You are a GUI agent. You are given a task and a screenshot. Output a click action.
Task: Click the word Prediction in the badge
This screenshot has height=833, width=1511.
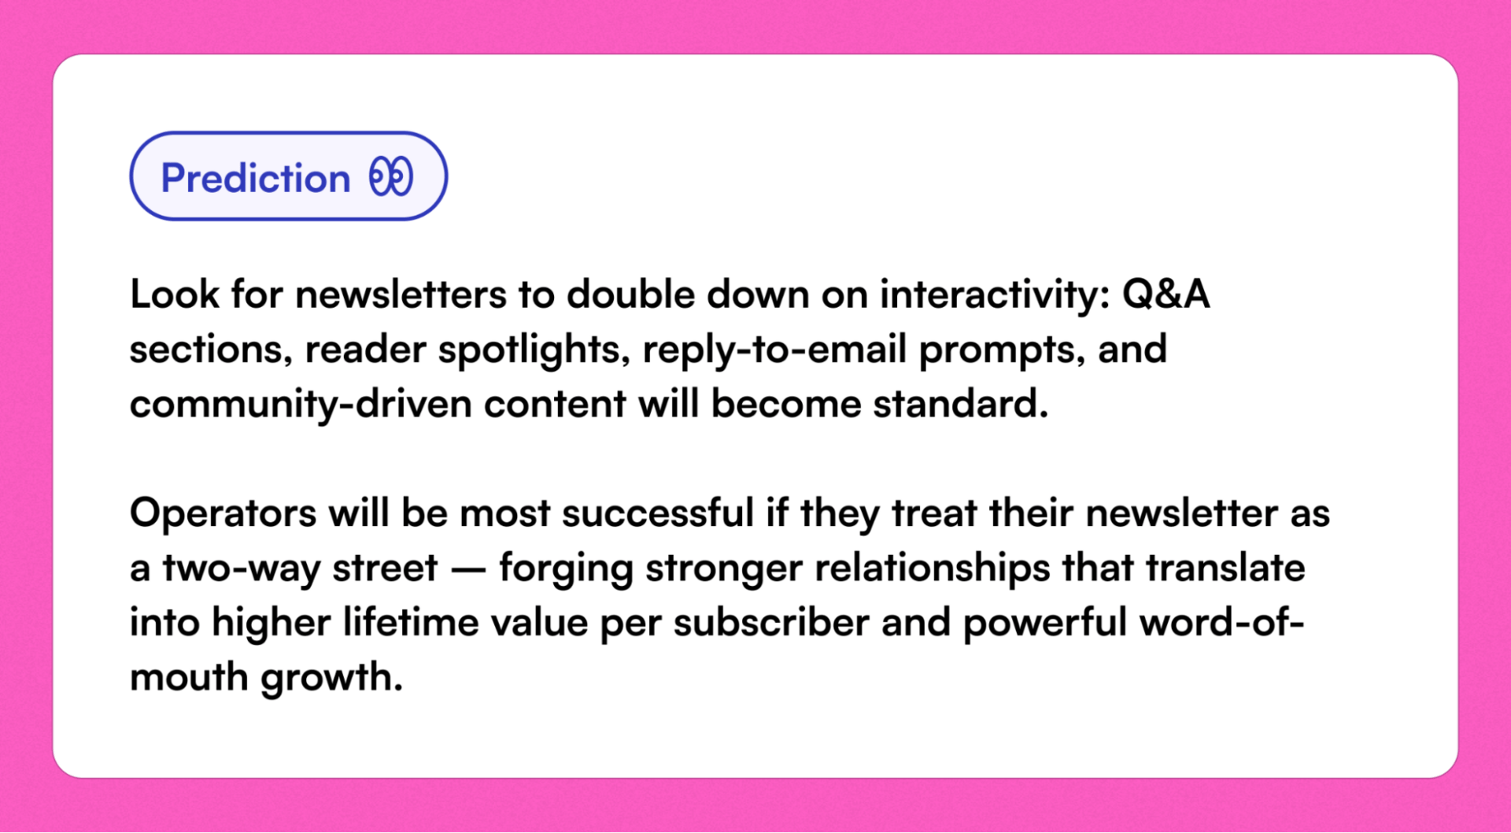[255, 178]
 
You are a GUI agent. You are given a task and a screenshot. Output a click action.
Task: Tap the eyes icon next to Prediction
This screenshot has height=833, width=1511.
[391, 176]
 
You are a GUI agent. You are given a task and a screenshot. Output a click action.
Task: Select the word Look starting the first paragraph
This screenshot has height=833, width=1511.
[175, 295]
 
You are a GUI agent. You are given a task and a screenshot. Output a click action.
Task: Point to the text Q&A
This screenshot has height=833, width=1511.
[1166, 295]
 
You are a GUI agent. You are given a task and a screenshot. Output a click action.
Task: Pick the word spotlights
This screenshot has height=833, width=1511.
[534, 350]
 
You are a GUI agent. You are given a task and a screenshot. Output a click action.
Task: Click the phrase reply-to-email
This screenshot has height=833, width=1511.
[774, 350]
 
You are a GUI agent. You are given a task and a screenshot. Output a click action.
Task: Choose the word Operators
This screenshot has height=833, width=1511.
[223, 514]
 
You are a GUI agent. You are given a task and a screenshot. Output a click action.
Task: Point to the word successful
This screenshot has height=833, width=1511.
[658, 514]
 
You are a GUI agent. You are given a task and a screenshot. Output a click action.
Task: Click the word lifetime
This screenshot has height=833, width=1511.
[410, 624]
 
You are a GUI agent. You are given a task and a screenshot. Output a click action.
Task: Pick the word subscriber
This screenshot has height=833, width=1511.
[771, 624]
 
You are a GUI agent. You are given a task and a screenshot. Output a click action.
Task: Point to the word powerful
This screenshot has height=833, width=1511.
[1045, 624]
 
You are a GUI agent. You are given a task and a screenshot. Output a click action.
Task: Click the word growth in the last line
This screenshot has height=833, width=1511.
[331, 678]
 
